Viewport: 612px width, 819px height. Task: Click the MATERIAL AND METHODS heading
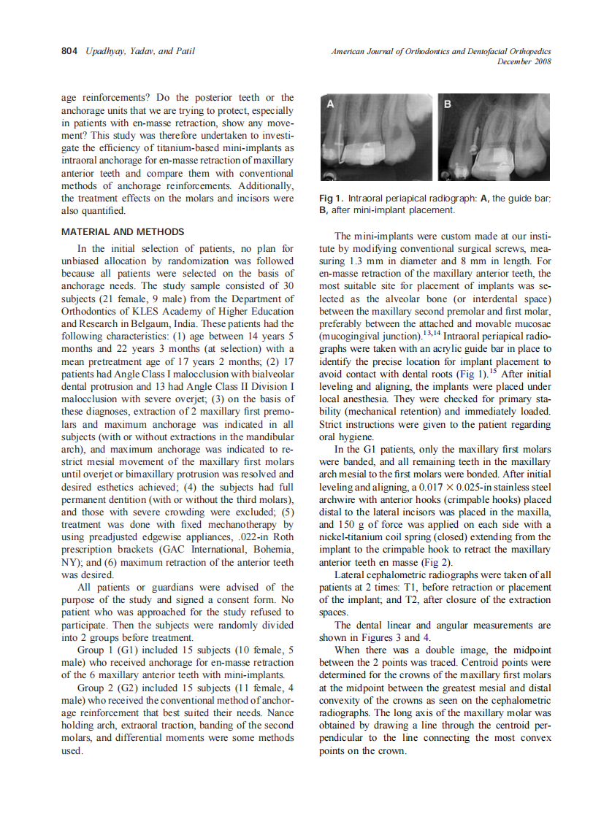[x=122, y=232]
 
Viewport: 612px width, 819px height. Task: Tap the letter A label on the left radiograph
[x=330, y=105]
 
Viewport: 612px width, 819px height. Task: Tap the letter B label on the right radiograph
[x=448, y=105]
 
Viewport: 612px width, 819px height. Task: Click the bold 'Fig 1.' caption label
[x=332, y=199]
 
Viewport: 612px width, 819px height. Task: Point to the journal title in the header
[x=440, y=51]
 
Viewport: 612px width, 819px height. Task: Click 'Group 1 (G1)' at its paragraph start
[x=107, y=649]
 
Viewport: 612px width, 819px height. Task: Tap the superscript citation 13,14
[x=432, y=334]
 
